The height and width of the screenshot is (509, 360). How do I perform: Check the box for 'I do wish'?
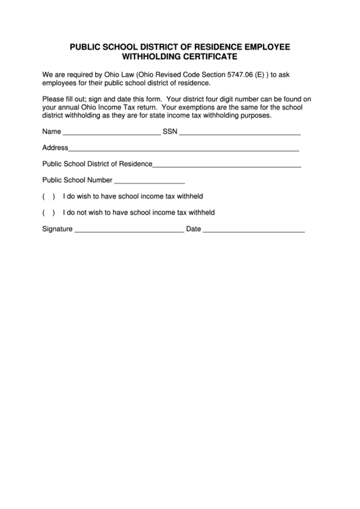pos(48,197)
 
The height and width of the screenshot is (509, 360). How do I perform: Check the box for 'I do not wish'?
pos(48,213)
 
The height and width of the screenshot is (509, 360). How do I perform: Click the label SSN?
pos(170,131)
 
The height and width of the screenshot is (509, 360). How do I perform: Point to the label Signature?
pos(57,230)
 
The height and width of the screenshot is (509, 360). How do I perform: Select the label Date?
pos(193,230)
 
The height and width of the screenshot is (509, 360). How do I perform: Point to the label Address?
pos(55,147)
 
